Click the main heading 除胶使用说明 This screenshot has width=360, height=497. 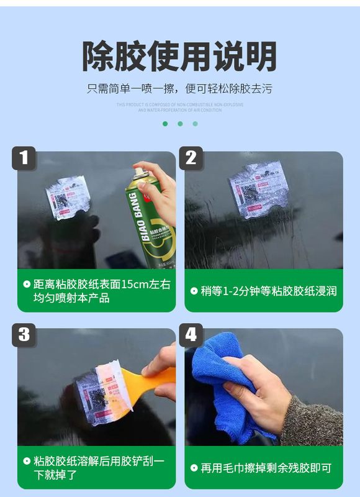[179, 57]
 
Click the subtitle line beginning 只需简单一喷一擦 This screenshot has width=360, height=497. [179, 89]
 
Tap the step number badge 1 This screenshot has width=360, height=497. [24, 158]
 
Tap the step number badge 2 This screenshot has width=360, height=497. [191, 158]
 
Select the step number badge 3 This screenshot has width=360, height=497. [24, 335]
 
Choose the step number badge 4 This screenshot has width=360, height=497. [191, 335]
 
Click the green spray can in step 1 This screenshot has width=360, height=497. [146, 224]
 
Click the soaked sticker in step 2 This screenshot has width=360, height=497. [259, 189]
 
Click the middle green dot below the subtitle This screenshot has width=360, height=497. [180, 124]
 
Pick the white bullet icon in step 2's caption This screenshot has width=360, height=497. [194, 290]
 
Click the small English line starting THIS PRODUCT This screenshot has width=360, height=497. [179, 104]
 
